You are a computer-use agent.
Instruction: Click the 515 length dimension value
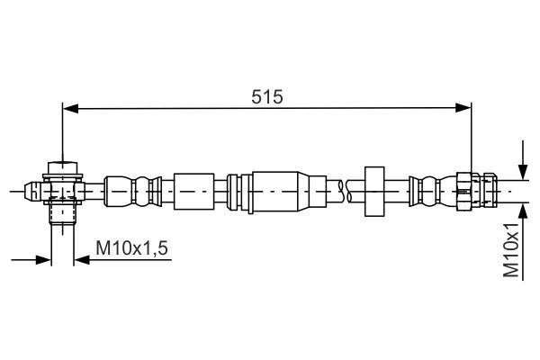coord(267,97)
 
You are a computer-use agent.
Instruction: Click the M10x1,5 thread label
coord(132,248)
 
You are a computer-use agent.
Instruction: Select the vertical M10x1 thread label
coord(511,250)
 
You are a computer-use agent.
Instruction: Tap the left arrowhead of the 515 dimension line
coord(70,109)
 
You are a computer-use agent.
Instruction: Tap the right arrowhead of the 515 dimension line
coord(463,108)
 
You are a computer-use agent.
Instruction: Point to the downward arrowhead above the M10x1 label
coord(523,172)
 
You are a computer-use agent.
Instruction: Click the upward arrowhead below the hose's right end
coord(523,211)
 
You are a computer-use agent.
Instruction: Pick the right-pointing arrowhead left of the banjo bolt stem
coord(44,260)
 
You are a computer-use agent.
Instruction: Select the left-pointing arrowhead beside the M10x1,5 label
coord(82,260)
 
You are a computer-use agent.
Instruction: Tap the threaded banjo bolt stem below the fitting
coord(63,213)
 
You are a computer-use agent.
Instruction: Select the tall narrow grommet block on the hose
coord(374,192)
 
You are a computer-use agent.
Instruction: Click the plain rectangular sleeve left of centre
coord(193,191)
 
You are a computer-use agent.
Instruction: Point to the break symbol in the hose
coord(345,191)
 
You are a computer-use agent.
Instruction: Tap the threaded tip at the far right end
coord(490,191)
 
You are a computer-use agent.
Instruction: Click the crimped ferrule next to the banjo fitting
coord(133,192)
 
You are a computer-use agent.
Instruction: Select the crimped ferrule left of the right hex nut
coord(433,192)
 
